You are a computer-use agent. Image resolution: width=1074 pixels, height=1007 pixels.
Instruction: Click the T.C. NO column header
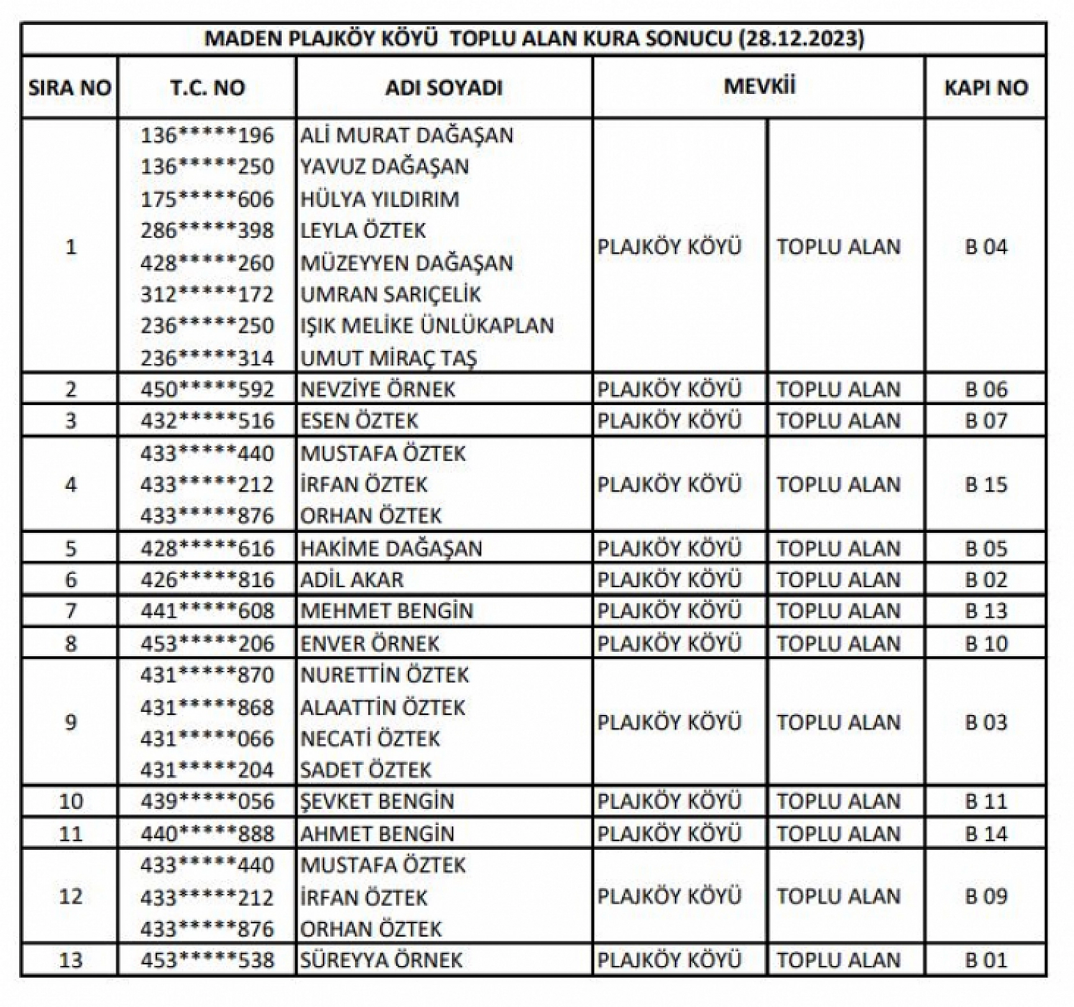[x=207, y=88]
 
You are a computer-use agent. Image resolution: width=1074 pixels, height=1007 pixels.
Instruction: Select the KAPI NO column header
[x=985, y=88]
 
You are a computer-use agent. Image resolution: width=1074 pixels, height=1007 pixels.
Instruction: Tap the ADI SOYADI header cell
[x=444, y=88]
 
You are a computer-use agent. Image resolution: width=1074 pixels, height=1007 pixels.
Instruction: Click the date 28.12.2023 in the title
[x=801, y=38]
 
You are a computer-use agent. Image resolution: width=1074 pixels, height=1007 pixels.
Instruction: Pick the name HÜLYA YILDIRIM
[x=380, y=199]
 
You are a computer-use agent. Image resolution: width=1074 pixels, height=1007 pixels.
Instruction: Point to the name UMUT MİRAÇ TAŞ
[x=389, y=358]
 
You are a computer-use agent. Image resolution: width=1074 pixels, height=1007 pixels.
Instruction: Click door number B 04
[x=985, y=247]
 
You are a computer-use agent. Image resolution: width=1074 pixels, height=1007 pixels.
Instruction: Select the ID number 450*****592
[x=207, y=389]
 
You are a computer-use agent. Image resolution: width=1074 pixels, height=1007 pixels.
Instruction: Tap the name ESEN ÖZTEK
[x=359, y=420]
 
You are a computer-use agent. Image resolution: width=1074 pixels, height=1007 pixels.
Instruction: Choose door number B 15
[x=985, y=484]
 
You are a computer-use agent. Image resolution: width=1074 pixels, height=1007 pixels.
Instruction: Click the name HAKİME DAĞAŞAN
[x=391, y=548]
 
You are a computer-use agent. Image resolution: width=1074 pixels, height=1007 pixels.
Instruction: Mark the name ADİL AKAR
[x=352, y=580]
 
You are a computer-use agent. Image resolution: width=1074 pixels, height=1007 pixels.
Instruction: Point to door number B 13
[x=985, y=611]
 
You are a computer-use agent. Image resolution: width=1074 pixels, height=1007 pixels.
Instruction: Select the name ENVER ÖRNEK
[x=370, y=643]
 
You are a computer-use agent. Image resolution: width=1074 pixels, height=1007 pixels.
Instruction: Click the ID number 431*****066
[x=207, y=739]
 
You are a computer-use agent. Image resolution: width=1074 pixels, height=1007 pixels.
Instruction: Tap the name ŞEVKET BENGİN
[x=377, y=801]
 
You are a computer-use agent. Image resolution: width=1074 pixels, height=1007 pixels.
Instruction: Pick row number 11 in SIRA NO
[x=70, y=833]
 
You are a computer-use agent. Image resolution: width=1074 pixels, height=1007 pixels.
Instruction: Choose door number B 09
[x=985, y=896]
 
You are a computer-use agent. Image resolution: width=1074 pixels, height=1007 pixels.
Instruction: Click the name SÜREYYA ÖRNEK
[x=381, y=960]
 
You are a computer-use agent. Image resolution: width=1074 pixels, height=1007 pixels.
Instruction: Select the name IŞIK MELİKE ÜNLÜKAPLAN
[x=427, y=326]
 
